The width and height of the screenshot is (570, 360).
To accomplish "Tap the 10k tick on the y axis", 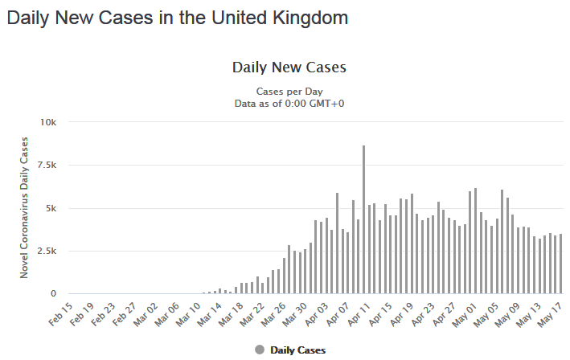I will click(x=50, y=122).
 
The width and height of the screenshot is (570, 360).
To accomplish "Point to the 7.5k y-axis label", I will click(x=47, y=165).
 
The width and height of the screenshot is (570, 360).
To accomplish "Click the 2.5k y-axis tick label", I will click(x=47, y=251).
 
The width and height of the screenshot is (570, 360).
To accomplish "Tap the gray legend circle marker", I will click(x=259, y=350).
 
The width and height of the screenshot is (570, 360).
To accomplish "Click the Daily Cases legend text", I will click(x=297, y=350).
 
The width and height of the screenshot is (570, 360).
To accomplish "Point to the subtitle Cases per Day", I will click(x=289, y=91).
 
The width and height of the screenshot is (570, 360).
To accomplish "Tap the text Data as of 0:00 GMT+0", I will click(x=289, y=103).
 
